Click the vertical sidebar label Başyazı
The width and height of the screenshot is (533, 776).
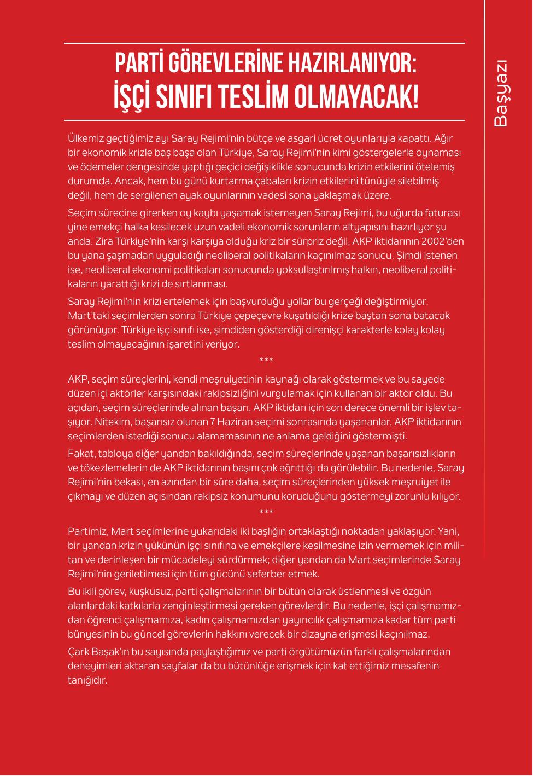[501, 93]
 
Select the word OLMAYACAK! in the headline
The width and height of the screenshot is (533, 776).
[356, 97]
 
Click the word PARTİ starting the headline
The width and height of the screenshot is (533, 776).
[139, 64]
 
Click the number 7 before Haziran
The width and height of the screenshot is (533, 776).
[213, 422]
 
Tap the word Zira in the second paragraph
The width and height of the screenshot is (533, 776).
[104, 241]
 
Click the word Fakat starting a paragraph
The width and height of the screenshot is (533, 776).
[80, 454]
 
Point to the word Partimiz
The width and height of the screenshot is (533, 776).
[88, 531]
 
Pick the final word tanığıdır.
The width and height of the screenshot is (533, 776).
[87, 680]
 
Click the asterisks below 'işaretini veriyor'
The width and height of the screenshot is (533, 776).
[266, 361]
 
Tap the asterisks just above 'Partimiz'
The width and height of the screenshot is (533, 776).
[266, 513]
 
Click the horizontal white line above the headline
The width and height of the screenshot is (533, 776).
[264, 43]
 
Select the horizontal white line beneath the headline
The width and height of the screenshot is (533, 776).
[264, 120]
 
